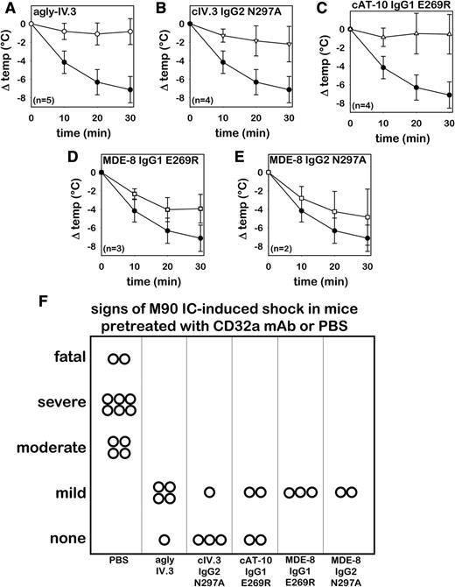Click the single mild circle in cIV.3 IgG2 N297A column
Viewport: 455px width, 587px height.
pos(210,492)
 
